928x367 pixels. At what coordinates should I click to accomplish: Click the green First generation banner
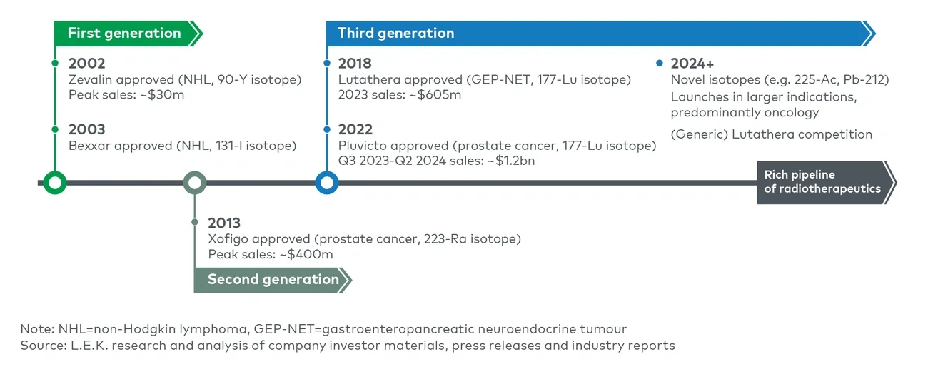128,34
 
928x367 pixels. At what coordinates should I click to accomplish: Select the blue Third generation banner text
395,33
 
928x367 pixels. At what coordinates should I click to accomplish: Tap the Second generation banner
273,280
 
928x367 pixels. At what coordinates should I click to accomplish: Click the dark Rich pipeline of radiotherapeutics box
827,183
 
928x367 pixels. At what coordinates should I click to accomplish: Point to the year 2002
86,64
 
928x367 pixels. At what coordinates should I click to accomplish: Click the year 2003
86,129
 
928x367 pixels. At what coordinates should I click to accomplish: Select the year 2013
223,223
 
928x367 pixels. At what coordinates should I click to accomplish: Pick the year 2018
355,64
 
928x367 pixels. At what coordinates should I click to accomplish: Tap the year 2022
355,129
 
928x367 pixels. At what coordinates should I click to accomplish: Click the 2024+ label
692,64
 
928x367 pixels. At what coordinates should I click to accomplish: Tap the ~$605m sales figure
435,95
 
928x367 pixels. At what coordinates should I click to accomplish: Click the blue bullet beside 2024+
660,63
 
